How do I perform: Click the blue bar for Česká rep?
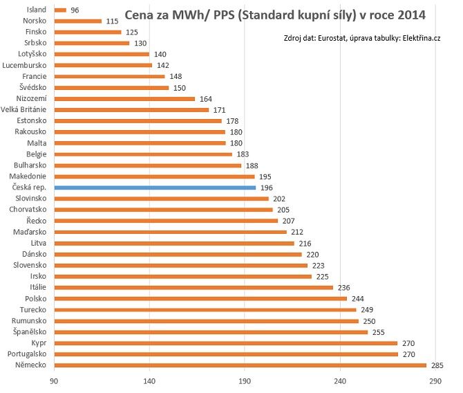pyautogui.click(x=155, y=188)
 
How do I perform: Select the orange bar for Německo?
pyautogui.click(x=240, y=365)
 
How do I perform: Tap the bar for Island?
pyautogui.click(x=60, y=10)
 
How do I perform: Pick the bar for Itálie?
pyautogui.click(x=193, y=287)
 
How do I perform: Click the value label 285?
pyautogui.click(x=437, y=365)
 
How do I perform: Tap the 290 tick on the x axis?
pyautogui.click(x=435, y=380)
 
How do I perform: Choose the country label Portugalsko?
pyautogui.click(x=26, y=354)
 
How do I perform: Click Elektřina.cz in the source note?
pyautogui.click(x=422, y=38)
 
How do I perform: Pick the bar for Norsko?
pyautogui.click(x=67, y=21)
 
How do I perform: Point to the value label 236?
pyautogui.click(x=344, y=287)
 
